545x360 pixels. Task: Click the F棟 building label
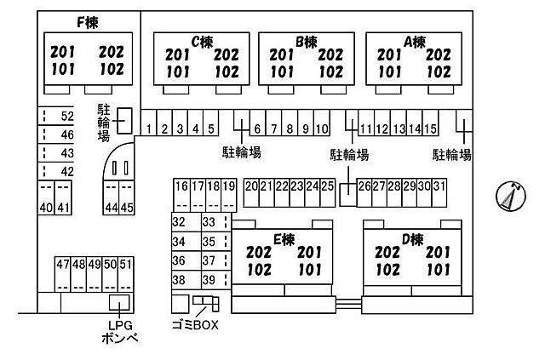[x=88, y=23]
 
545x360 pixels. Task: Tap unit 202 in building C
[x=227, y=55]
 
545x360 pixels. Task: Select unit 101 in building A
[x=390, y=72]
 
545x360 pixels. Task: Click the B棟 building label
[x=307, y=42]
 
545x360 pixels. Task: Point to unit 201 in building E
[x=310, y=252]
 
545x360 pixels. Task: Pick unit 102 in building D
[x=387, y=270]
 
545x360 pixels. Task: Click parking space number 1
[x=149, y=129]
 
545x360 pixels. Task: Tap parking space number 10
[x=322, y=129]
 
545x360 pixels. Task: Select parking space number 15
[x=430, y=129]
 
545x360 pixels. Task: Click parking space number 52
[x=67, y=116]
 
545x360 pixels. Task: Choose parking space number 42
[x=67, y=171]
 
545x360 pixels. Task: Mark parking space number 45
[x=127, y=208]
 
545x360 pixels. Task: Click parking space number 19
[x=229, y=186]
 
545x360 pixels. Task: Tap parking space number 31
[x=439, y=186]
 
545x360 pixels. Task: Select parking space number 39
[x=209, y=280]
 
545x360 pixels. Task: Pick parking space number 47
[x=63, y=265]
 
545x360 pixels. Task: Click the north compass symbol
[x=511, y=196]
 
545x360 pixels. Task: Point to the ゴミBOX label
[x=195, y=325]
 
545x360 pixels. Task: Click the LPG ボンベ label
[x=120, y=332]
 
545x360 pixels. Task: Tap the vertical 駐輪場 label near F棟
[x=104, y=123]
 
